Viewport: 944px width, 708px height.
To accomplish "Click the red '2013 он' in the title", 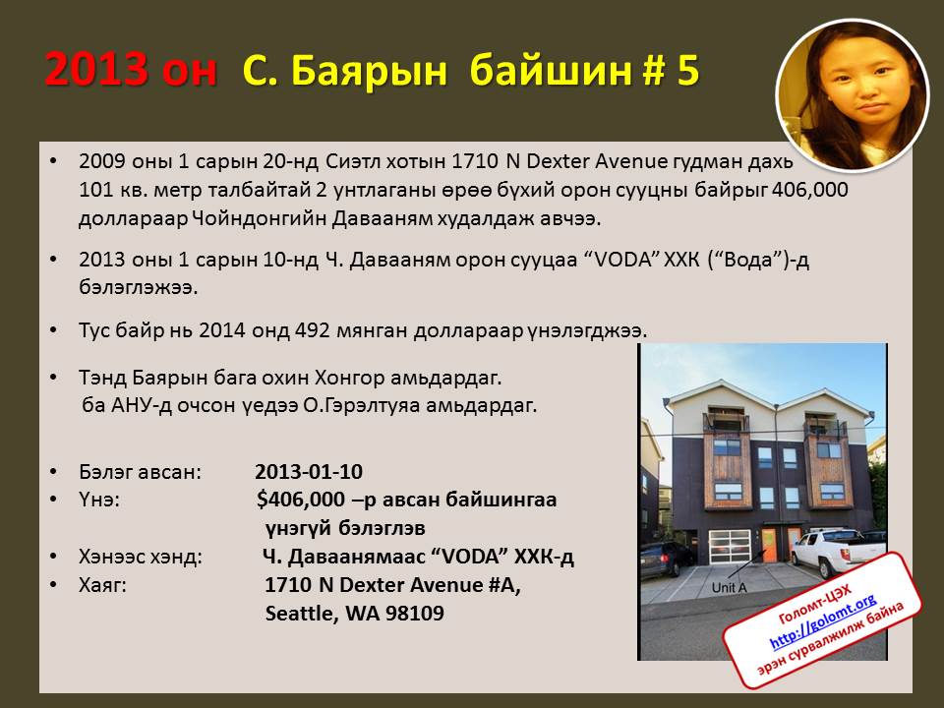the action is pyautogui.click(x=131, y=69).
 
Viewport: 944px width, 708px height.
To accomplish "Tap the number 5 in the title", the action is pyautogui.click(x=688, y=70).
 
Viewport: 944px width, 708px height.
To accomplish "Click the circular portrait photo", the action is pyautogui.click(x=853, y=95).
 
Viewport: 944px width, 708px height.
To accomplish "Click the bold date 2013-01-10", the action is pyautogui.click(x=309, y=471).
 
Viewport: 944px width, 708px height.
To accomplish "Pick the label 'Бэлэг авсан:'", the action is pyautogui.click(x=141, y=471).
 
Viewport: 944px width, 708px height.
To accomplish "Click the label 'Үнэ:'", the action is pyautogui.click(x=99, y=500).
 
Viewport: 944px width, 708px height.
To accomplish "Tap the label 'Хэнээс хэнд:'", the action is pyautogui.click(x=141, y=557).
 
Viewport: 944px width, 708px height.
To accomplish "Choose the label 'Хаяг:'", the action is pyautogui.click(x=103, y=584).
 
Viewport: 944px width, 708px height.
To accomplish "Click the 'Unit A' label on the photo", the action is pyautogui.click(x=729, y=588).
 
